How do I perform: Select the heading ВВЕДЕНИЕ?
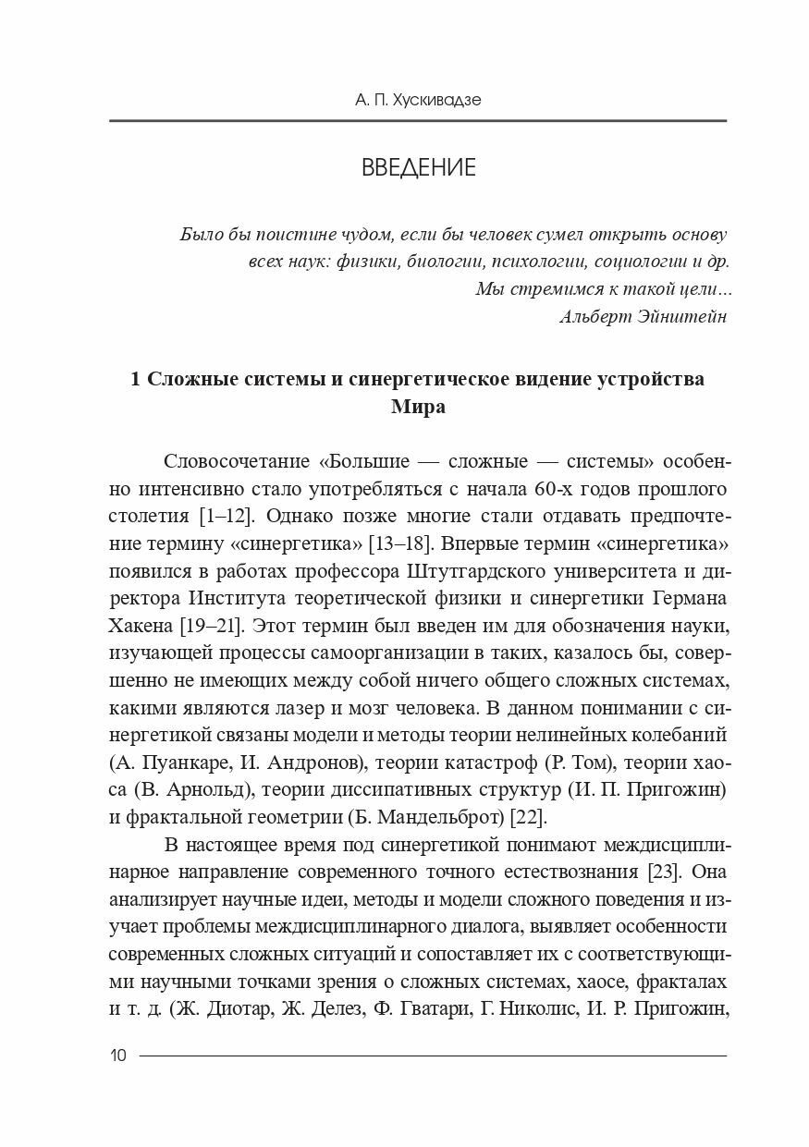point(418,167)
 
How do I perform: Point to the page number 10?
point(117,1055)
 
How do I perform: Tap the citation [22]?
point(529,816)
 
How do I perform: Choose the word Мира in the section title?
point(418,407)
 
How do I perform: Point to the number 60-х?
point(570,489)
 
